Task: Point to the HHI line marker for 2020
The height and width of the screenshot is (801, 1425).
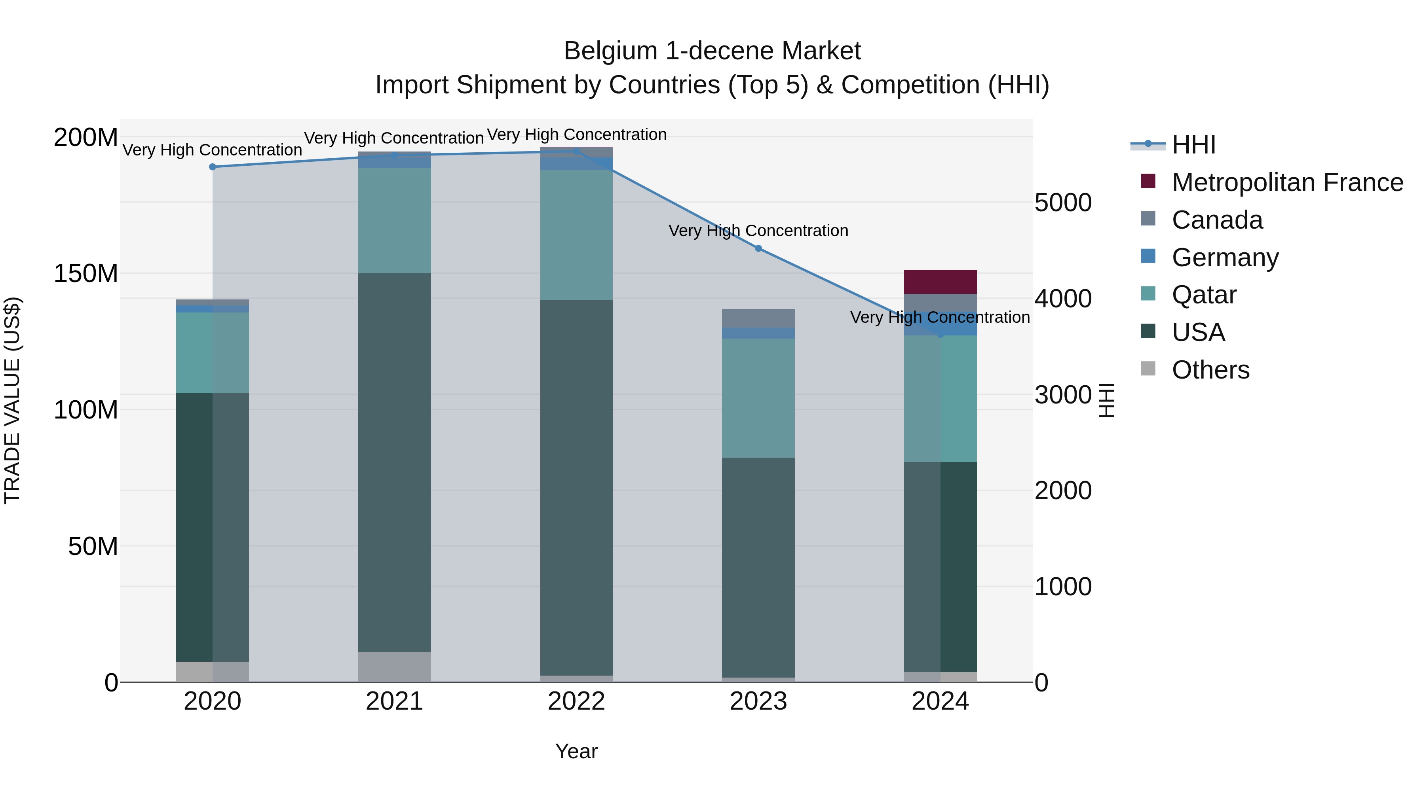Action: pos(213,167)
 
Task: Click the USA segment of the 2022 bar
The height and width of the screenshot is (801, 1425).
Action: pos(576,487)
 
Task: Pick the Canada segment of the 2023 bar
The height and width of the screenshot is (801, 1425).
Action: pos(758,318)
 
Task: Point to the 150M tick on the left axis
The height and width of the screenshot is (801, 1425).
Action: pos(86,273)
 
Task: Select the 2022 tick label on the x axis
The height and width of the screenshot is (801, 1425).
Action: pos(576,701)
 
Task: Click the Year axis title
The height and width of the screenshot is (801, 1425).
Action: pos(576,751)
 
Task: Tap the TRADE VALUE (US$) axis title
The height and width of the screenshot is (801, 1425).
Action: pos(12,400)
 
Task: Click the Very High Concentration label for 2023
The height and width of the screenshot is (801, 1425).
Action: pos(758,231)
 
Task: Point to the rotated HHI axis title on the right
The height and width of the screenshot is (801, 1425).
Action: pos(1106,400)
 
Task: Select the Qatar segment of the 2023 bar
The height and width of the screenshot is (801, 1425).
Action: pos(758,398)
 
